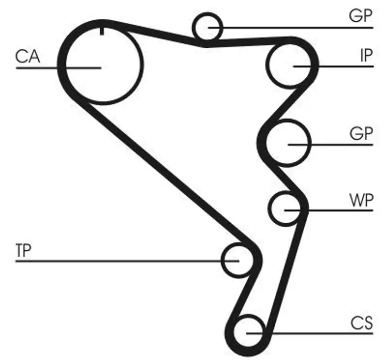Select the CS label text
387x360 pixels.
[x=362, y=323]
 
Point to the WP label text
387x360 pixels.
[x=361, y=200]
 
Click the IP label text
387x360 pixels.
[x=366, y=56]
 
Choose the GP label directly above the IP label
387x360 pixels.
[x=361, y=16]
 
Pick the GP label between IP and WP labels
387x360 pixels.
[x=361, y=134]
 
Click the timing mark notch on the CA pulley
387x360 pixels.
[x=102, y=31]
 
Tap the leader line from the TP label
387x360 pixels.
[x=121, y=261]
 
